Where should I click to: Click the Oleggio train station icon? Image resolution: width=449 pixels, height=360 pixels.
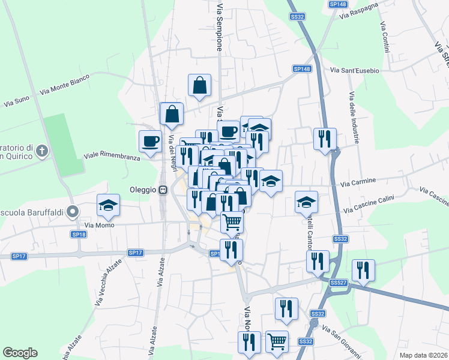(x=163, y=190)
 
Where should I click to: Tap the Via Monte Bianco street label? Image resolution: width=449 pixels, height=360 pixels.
(x=64, y=85)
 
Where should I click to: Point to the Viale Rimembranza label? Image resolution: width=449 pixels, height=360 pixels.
(x=112, y=155)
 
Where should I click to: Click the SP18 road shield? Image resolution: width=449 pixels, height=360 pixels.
(x=79, y=235)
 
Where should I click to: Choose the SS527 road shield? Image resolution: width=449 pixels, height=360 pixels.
(x=339, y=282)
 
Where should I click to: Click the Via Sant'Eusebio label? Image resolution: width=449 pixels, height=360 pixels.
(x=355, y=71)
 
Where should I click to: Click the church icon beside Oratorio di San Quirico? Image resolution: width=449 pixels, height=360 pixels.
(x=41, y=151)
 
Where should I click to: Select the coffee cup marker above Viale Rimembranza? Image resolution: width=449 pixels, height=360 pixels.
(x=150, y=142)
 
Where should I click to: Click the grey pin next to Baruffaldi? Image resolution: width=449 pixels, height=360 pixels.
(x=73, y=211)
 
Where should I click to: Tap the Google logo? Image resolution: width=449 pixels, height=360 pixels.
(x=20, y=353)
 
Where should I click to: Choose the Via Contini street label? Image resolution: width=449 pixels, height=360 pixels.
(x=384, y=37)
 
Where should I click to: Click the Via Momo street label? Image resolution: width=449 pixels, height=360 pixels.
(x=98, y=225)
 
